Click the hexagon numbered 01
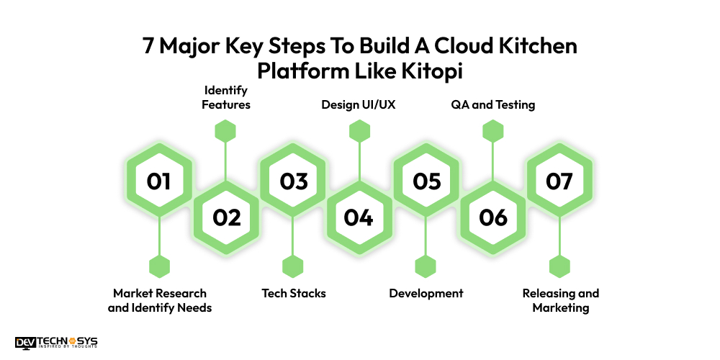click(158, 181)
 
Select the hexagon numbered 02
click(226, 217)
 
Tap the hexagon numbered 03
click(293, 181)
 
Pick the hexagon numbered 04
click(359, 217)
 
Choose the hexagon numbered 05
click(426, 181)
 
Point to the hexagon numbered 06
click(492, 217)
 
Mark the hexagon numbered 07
click(559, 181)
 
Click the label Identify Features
click(226, 97)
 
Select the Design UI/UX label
click(359, 105)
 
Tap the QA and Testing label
click(493, 105)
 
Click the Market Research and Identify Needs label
click(160, 300)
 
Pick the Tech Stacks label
click(293, 293)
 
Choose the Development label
click(426, 293)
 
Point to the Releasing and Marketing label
click(560, 300)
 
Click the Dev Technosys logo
click(56, 343)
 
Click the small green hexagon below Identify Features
click(226, 131)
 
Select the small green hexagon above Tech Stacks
click(293, 266)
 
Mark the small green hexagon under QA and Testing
click(492, 131)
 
